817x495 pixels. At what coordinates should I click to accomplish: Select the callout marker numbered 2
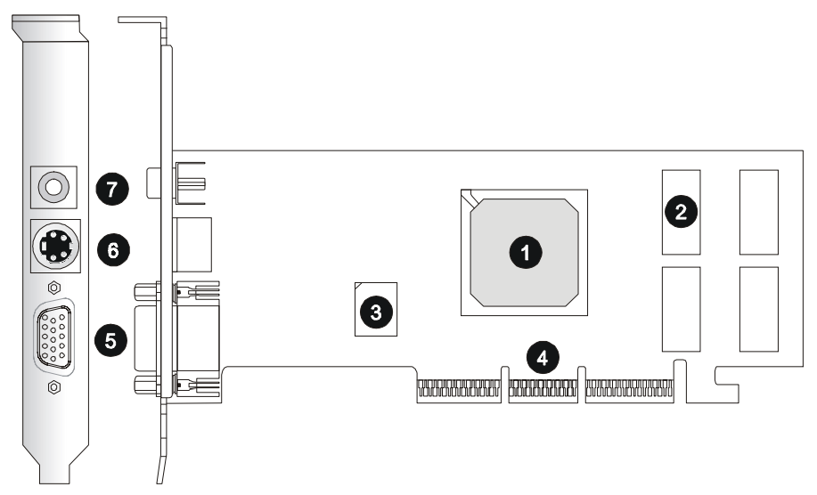681,212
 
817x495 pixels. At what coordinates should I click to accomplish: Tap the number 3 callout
375,312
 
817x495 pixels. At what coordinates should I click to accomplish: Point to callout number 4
543,357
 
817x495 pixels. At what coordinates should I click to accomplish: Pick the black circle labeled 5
110,339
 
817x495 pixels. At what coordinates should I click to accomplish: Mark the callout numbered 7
112,189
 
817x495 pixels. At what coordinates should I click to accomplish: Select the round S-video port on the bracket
55,245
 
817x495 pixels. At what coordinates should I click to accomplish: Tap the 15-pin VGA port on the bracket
54,337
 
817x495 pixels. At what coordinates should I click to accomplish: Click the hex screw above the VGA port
55,288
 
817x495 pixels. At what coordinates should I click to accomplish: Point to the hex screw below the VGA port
55,386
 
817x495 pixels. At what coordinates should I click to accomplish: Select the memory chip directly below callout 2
682,308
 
